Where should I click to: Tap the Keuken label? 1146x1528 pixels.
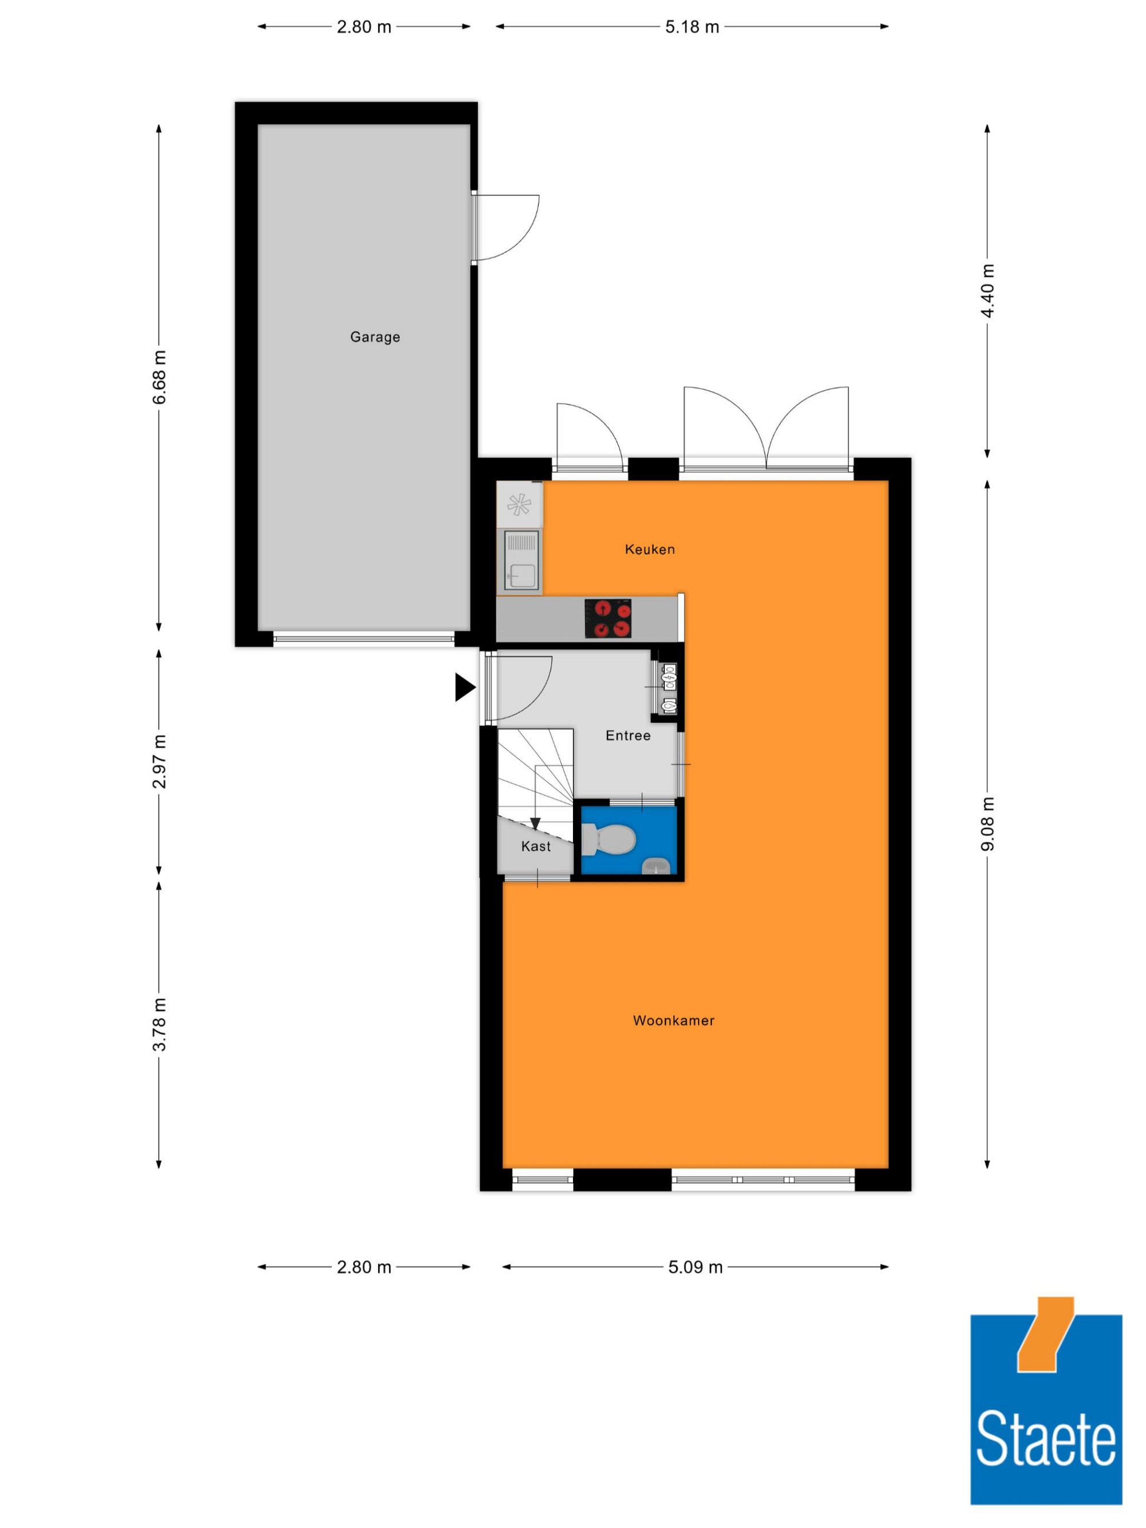coord(649,549)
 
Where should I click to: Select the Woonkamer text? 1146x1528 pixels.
coord(673,1020)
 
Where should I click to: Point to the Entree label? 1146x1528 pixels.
coord(628,736)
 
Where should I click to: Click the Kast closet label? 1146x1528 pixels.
coord(536,846)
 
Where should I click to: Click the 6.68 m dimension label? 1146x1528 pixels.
coord(159,377)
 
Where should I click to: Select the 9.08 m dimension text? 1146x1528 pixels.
coord(988,824)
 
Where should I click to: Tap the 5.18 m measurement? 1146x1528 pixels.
coord(692,27)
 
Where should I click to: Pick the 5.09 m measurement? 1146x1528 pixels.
coord(695,1267)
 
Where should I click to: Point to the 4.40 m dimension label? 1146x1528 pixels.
coord(988,291)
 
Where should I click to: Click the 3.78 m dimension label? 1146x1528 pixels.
coord(159,1024)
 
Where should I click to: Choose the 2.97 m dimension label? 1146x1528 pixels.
coord(159,761)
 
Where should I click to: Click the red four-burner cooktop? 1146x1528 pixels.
coord(608,618)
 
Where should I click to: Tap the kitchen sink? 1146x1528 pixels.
coord(521,560)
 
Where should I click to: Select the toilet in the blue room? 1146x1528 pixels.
coord(609,839)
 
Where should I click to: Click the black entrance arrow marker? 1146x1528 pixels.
coord(465,688)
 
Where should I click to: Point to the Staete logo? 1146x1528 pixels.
coord(1046,1400)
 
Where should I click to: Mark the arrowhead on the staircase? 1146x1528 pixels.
coord(535,823)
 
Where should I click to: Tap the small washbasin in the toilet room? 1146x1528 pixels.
coord(656,866)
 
